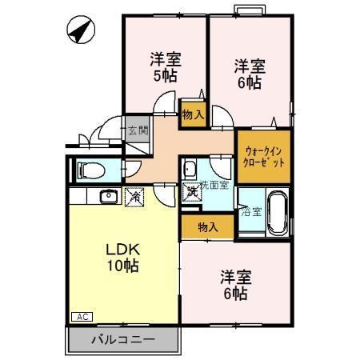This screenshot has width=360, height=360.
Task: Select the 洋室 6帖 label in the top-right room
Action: tap(250, 73)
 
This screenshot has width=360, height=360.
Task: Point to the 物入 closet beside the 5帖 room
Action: tap(192, 114)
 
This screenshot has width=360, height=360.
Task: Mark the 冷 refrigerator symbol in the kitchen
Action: tap(134, 195)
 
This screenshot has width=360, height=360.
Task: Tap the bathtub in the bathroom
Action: tap(277, 211)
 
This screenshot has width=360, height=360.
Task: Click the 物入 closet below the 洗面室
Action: tap(207, 227)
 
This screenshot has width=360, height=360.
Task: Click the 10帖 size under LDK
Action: tap(122, 266)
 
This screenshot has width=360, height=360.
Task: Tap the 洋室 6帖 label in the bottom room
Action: tap(234, 286)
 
